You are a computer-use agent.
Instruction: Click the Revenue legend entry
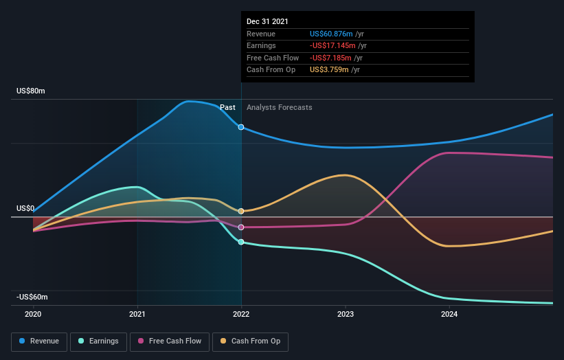pos(39,341)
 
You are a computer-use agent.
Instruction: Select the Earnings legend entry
pos(98,341)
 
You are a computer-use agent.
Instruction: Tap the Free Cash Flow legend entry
pos(170,341)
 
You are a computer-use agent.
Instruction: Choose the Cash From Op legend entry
pos(251,341)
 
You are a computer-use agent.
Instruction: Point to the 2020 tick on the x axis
pos(33,314)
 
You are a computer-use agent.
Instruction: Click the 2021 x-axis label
pos(137,314)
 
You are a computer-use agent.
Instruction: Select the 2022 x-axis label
pos(241,314)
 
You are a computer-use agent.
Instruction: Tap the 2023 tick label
pos(346,314)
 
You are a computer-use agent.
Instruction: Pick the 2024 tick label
pos(449,314)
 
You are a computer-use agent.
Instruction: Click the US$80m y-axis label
pos(31,91)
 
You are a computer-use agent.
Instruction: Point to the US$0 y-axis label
pos(26,208)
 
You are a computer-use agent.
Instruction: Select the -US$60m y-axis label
pos(32,297)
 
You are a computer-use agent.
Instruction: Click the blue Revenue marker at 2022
pos(241,127)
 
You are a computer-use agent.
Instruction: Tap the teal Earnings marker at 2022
pos(241,242)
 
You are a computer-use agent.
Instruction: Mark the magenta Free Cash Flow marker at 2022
pos(241,227)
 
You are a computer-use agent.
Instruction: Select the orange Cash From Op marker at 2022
pos(241,211)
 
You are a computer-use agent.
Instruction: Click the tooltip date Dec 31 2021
pos(268,21)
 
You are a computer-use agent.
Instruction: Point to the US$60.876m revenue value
pos(331,34)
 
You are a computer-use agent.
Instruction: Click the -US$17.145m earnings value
pos(332,46)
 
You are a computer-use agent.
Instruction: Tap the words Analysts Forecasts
pos(279,108)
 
